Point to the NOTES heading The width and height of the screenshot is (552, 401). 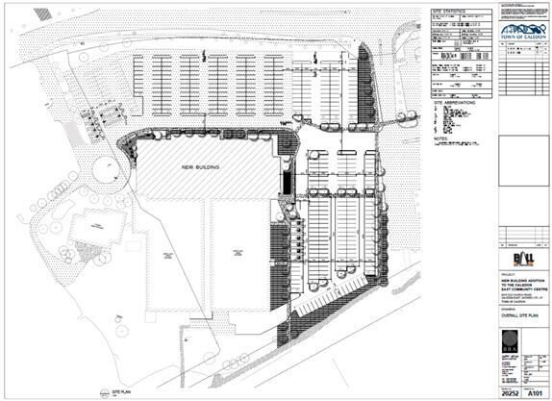point(441,138)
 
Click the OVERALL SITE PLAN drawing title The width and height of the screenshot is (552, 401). point(520,313)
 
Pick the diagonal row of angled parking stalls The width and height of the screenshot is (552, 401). point(333,295)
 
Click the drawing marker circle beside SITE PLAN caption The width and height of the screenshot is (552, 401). point(105,393)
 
